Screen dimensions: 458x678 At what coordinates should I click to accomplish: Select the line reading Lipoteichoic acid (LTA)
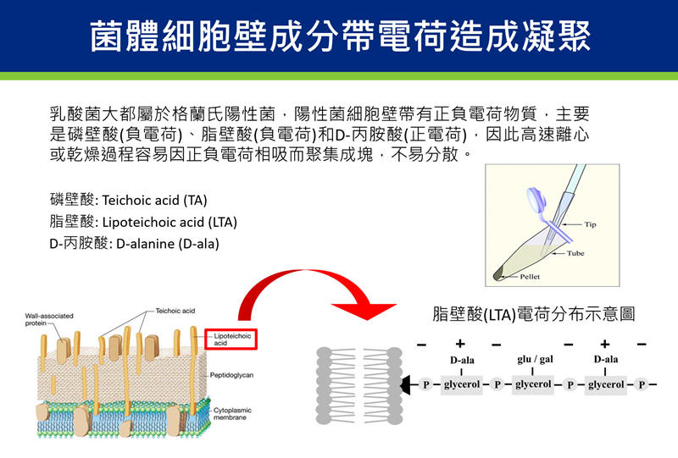tap(143, 222)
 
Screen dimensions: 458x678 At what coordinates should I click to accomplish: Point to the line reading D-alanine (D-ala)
tap(135, 243)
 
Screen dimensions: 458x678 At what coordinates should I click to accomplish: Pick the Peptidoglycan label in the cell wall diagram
tap(231, 373)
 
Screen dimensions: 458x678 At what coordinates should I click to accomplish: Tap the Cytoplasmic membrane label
tap(231, 414)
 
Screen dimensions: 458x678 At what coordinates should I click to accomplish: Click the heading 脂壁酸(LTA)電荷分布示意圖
tap(533, 314)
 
